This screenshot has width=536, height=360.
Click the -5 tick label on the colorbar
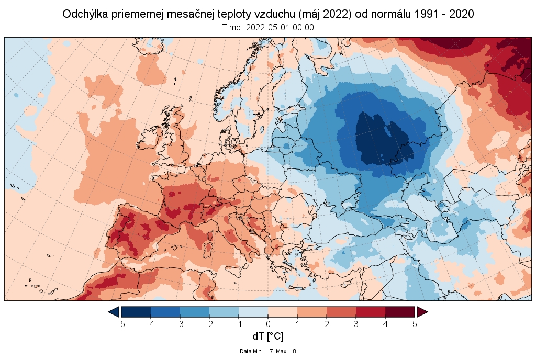pos(121,324)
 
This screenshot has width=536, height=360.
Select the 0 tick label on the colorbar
pos(268,324)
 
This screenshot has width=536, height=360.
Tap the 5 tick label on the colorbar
pos(415,324)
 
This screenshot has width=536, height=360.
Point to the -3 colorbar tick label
pos(180,324)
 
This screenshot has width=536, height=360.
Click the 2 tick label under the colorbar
pos(327,324)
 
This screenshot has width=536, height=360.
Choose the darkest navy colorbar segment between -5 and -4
pos(136,312)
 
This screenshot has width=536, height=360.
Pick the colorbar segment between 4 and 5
pos(400,312)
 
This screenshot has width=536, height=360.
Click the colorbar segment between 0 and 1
pos(283,312)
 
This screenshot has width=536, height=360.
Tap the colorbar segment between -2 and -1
pos(224,312)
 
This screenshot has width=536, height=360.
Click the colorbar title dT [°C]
pos(268,336)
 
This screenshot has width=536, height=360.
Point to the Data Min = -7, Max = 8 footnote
pos(268,351)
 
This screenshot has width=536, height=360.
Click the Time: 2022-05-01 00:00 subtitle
pos(268,27)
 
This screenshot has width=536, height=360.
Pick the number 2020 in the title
pos(462,14)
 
